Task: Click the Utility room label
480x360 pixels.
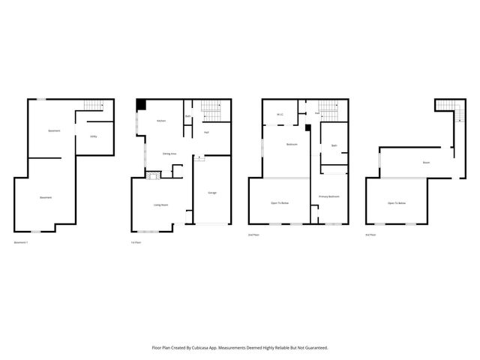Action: coord(94,136)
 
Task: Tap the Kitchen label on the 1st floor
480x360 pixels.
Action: coord(160,121)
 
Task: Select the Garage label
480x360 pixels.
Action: coord(212,193)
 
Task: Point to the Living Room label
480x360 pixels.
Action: coord(160,204)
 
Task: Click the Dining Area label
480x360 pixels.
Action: coord(169,153)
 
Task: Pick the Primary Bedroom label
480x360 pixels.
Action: coord(329,196)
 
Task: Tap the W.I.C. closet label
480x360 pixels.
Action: coord(279,115)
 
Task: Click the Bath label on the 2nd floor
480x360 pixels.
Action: coord(334,145)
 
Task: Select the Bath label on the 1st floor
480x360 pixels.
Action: coord(187,117)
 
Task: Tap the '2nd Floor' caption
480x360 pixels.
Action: coord(253,235)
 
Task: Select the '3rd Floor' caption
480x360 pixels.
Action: coord(370,235)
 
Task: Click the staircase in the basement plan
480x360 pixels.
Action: coord(92,106)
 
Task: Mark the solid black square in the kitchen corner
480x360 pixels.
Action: coord(139,106)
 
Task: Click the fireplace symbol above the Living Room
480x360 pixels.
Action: coord(152,175)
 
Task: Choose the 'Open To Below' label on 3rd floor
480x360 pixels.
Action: coord(396,203)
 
